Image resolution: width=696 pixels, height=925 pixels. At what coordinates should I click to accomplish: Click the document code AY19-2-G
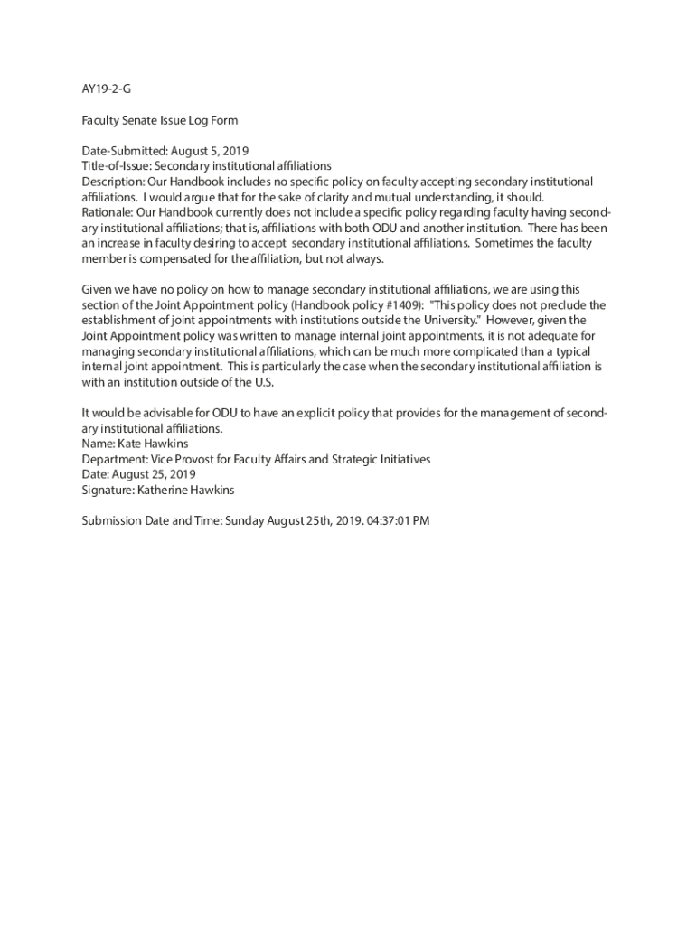[x=100, y=89]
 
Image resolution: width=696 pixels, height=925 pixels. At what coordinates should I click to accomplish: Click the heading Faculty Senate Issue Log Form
[x=160, y=120]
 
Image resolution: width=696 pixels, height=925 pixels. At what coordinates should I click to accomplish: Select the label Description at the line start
[x=112, y=182]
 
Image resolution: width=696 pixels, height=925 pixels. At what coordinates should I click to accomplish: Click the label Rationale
[x=108, y=212]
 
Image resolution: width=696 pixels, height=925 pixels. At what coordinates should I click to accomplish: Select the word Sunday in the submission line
[x=246, y=520]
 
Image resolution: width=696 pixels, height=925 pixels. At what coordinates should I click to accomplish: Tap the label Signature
[x=108, y=490]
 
